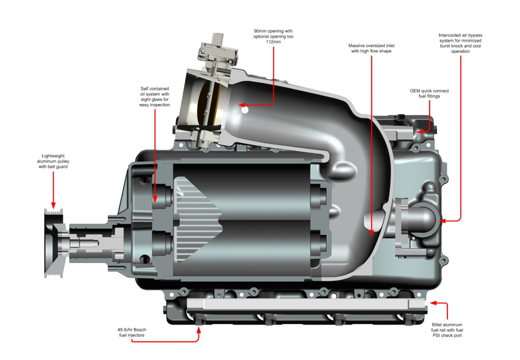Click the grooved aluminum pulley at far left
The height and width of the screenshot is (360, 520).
[53, 243]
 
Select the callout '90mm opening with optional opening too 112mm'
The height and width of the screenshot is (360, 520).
[273, 36]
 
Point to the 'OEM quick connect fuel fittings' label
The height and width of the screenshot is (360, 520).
[429, 93]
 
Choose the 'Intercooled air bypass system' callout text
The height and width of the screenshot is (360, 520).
[460, 43]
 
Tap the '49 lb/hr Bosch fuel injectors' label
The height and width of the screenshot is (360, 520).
[132, 333]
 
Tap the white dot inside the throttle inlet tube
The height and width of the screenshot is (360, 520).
[244, 109]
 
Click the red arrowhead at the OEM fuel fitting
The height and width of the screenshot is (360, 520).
[420, 131]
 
